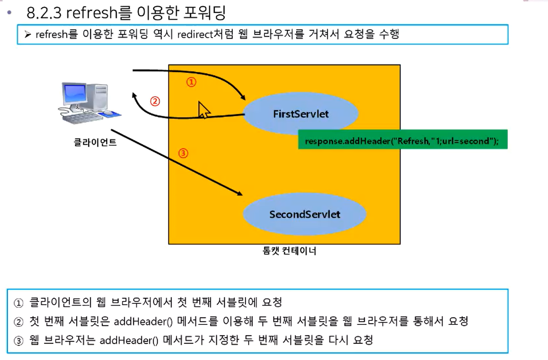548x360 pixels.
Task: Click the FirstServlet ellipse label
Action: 301,114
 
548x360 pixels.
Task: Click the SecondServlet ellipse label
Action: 304,215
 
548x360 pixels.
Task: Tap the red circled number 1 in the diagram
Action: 191,82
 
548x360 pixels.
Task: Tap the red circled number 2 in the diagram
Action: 155,101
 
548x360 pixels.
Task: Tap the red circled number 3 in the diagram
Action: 183,153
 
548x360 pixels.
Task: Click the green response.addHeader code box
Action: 403,139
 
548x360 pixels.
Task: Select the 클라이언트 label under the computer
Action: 95,142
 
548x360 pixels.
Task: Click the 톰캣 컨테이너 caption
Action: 289,251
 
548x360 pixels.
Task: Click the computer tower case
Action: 97,97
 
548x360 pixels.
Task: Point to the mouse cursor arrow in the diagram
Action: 204,110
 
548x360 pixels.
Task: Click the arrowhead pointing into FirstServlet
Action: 243,97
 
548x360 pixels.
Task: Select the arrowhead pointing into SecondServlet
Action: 239,193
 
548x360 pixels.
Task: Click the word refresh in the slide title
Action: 92,13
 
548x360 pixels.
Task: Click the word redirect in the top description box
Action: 195,35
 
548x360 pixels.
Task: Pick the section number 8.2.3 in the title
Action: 44,13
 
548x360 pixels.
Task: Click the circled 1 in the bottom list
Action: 18,303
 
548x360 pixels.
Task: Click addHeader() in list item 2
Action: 143,322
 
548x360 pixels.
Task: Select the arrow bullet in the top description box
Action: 27,35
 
